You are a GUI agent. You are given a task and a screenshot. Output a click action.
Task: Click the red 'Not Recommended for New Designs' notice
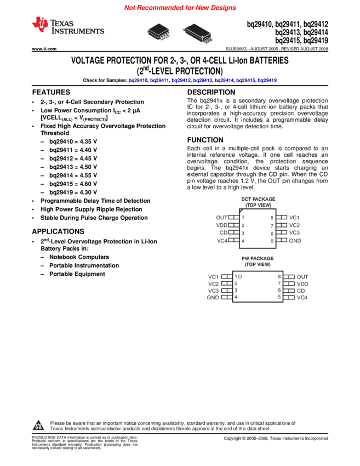180,8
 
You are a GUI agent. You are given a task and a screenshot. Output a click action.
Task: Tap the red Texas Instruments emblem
40,24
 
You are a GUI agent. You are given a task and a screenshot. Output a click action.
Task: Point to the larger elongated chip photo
197,33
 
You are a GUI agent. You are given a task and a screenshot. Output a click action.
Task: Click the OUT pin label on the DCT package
221,218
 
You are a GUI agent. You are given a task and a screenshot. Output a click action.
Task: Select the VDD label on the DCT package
221,225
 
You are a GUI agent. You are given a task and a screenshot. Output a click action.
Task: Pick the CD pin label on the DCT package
223,233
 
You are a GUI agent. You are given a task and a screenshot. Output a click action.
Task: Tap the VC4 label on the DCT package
222,241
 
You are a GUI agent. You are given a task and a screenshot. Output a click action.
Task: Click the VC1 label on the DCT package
294,218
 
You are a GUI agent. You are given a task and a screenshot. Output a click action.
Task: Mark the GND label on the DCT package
295,241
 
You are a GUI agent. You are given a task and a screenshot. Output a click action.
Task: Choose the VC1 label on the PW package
213,277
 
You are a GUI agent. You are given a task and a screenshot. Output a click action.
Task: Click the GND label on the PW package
213,298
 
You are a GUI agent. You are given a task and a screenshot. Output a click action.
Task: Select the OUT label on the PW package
302,277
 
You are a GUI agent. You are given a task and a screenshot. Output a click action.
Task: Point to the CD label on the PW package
301,291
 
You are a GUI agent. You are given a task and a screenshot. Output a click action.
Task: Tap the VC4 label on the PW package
302,298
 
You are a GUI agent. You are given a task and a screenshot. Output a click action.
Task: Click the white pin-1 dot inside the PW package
240,277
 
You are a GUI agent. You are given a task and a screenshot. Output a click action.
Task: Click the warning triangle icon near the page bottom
38,425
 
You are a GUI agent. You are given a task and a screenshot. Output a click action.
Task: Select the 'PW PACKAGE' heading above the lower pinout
258,258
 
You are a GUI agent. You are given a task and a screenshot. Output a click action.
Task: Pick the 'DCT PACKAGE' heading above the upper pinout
258,199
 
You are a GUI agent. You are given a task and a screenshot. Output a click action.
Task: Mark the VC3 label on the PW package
213,291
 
